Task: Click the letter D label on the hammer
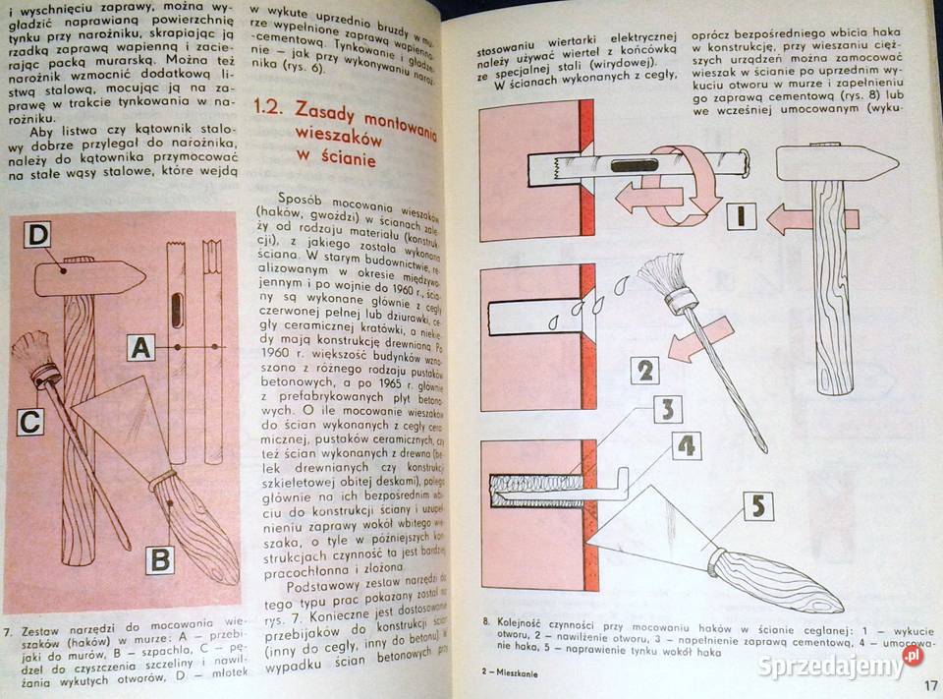38,236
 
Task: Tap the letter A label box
140,347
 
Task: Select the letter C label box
30,421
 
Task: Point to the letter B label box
160,560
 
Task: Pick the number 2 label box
644,371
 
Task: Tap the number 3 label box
667,409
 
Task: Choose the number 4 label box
687,445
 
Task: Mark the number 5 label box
758,506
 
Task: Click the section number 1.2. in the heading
271,110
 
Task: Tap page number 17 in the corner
928,685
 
